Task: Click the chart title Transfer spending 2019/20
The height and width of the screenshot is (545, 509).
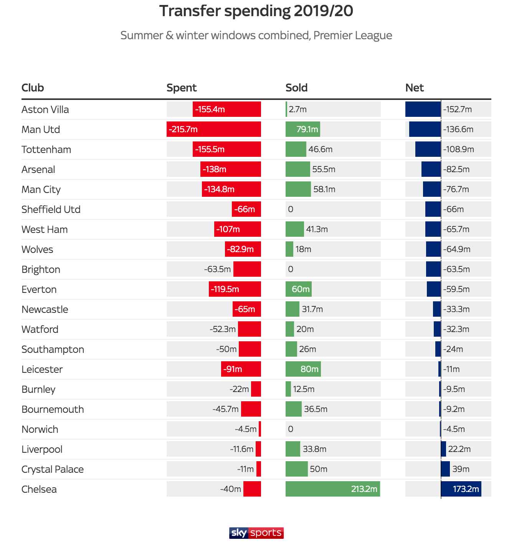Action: coord(256,11)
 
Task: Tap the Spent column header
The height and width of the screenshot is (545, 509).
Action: coord(181,88)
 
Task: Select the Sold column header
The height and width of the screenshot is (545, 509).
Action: coord(296,88)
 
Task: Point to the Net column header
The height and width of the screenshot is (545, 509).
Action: coord(415,88)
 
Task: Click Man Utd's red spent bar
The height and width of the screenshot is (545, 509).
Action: coord(214,129)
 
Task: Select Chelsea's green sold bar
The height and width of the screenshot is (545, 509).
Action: coord(332,489)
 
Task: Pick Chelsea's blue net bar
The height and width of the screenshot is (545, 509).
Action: coord(461,489)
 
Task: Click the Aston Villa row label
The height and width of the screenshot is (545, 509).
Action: coord(45,110)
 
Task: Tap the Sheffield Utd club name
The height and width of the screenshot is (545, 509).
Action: coord(51,209)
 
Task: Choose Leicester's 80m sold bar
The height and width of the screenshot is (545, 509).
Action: coord(303,369)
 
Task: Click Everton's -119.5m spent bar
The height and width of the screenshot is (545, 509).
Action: coord(235,289)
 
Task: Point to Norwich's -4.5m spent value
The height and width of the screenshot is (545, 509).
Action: coord(246,429)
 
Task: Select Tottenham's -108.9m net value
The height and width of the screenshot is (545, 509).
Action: coord(458,149)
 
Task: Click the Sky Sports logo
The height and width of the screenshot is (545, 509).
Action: coord(256,533)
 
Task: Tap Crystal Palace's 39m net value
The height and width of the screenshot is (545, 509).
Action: coord(461,469)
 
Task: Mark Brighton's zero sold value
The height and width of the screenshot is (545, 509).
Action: coord(291,269)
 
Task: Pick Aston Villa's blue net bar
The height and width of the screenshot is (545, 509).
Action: coord(423,109)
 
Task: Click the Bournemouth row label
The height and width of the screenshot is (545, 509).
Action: coord(53,409)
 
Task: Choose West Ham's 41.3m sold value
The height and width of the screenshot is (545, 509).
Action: coord(317,229)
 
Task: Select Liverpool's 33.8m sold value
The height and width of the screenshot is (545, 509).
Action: coord(314,449)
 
